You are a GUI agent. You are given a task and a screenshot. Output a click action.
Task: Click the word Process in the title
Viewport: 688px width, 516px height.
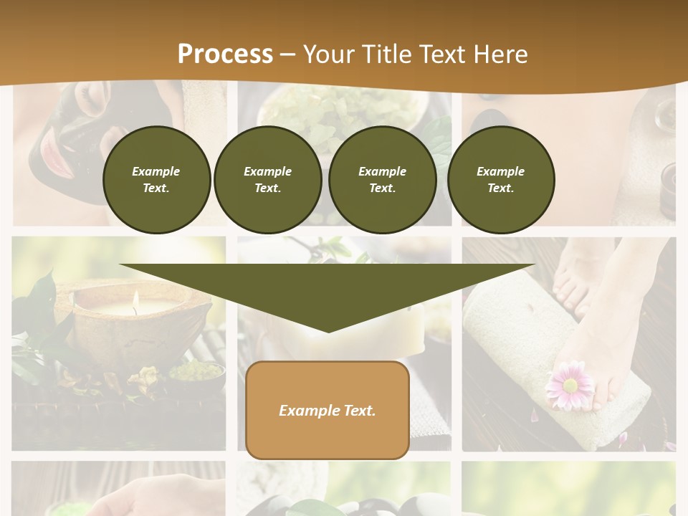(x=225, y=54)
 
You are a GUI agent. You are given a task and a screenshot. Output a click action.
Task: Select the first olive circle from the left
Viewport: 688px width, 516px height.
(x=156, y=179)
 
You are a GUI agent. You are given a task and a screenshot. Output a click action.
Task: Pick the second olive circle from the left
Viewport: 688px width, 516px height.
(x=267, y=179)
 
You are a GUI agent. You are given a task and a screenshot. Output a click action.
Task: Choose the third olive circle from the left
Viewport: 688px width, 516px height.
(x=382, y=179)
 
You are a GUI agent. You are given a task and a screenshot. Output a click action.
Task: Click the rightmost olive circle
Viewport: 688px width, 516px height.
(x=500, y=179)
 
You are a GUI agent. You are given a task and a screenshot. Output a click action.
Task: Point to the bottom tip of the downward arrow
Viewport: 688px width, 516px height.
(x=328, y=330)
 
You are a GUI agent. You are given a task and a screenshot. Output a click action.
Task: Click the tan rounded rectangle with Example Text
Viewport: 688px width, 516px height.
(x=327, y=410)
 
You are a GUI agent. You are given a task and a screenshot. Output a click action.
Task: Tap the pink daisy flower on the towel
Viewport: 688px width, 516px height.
(x=570, y=386)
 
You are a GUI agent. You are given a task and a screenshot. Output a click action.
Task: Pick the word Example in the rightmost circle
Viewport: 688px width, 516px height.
(x=500, y=171)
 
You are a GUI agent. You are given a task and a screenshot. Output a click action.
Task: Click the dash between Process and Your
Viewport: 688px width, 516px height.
(x=288, y=54)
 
